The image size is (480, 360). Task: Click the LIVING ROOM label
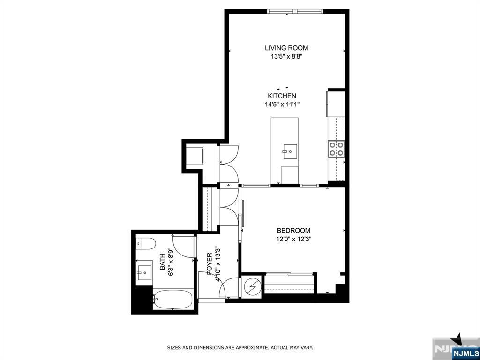[x=286, y=48]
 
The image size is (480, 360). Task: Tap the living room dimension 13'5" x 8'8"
[x=286, y=57]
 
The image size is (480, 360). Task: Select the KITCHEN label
[x=282, y=96]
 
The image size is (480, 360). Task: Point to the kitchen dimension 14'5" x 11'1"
[x=282, y=105]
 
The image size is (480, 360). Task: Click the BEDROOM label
[x=293, y=231]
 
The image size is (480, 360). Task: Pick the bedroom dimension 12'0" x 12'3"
[x=293, y=239]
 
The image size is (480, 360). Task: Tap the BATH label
[x=162, y=261]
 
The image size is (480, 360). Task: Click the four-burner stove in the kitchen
[x=337, y=149]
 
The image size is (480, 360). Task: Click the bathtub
[x=172, y=299]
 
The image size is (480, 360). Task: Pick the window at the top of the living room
[x=295, y=12]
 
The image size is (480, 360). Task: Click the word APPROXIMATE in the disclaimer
[x=250, y=348]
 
